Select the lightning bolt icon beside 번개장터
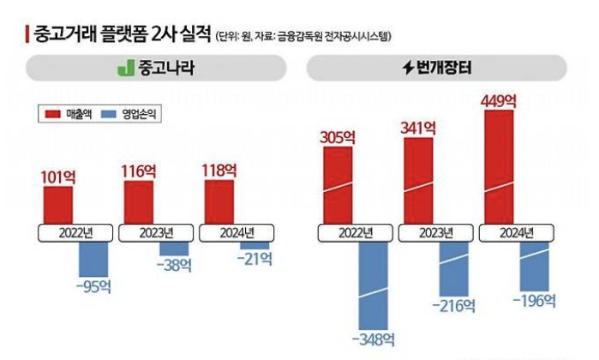click(408, 68)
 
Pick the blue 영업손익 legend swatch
click(109, 113)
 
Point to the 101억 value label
click(58, 177)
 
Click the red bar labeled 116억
click(138, 202)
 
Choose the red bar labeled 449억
click(499, 167)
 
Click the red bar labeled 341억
click(418, 180)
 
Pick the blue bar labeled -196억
click(534, 266)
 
